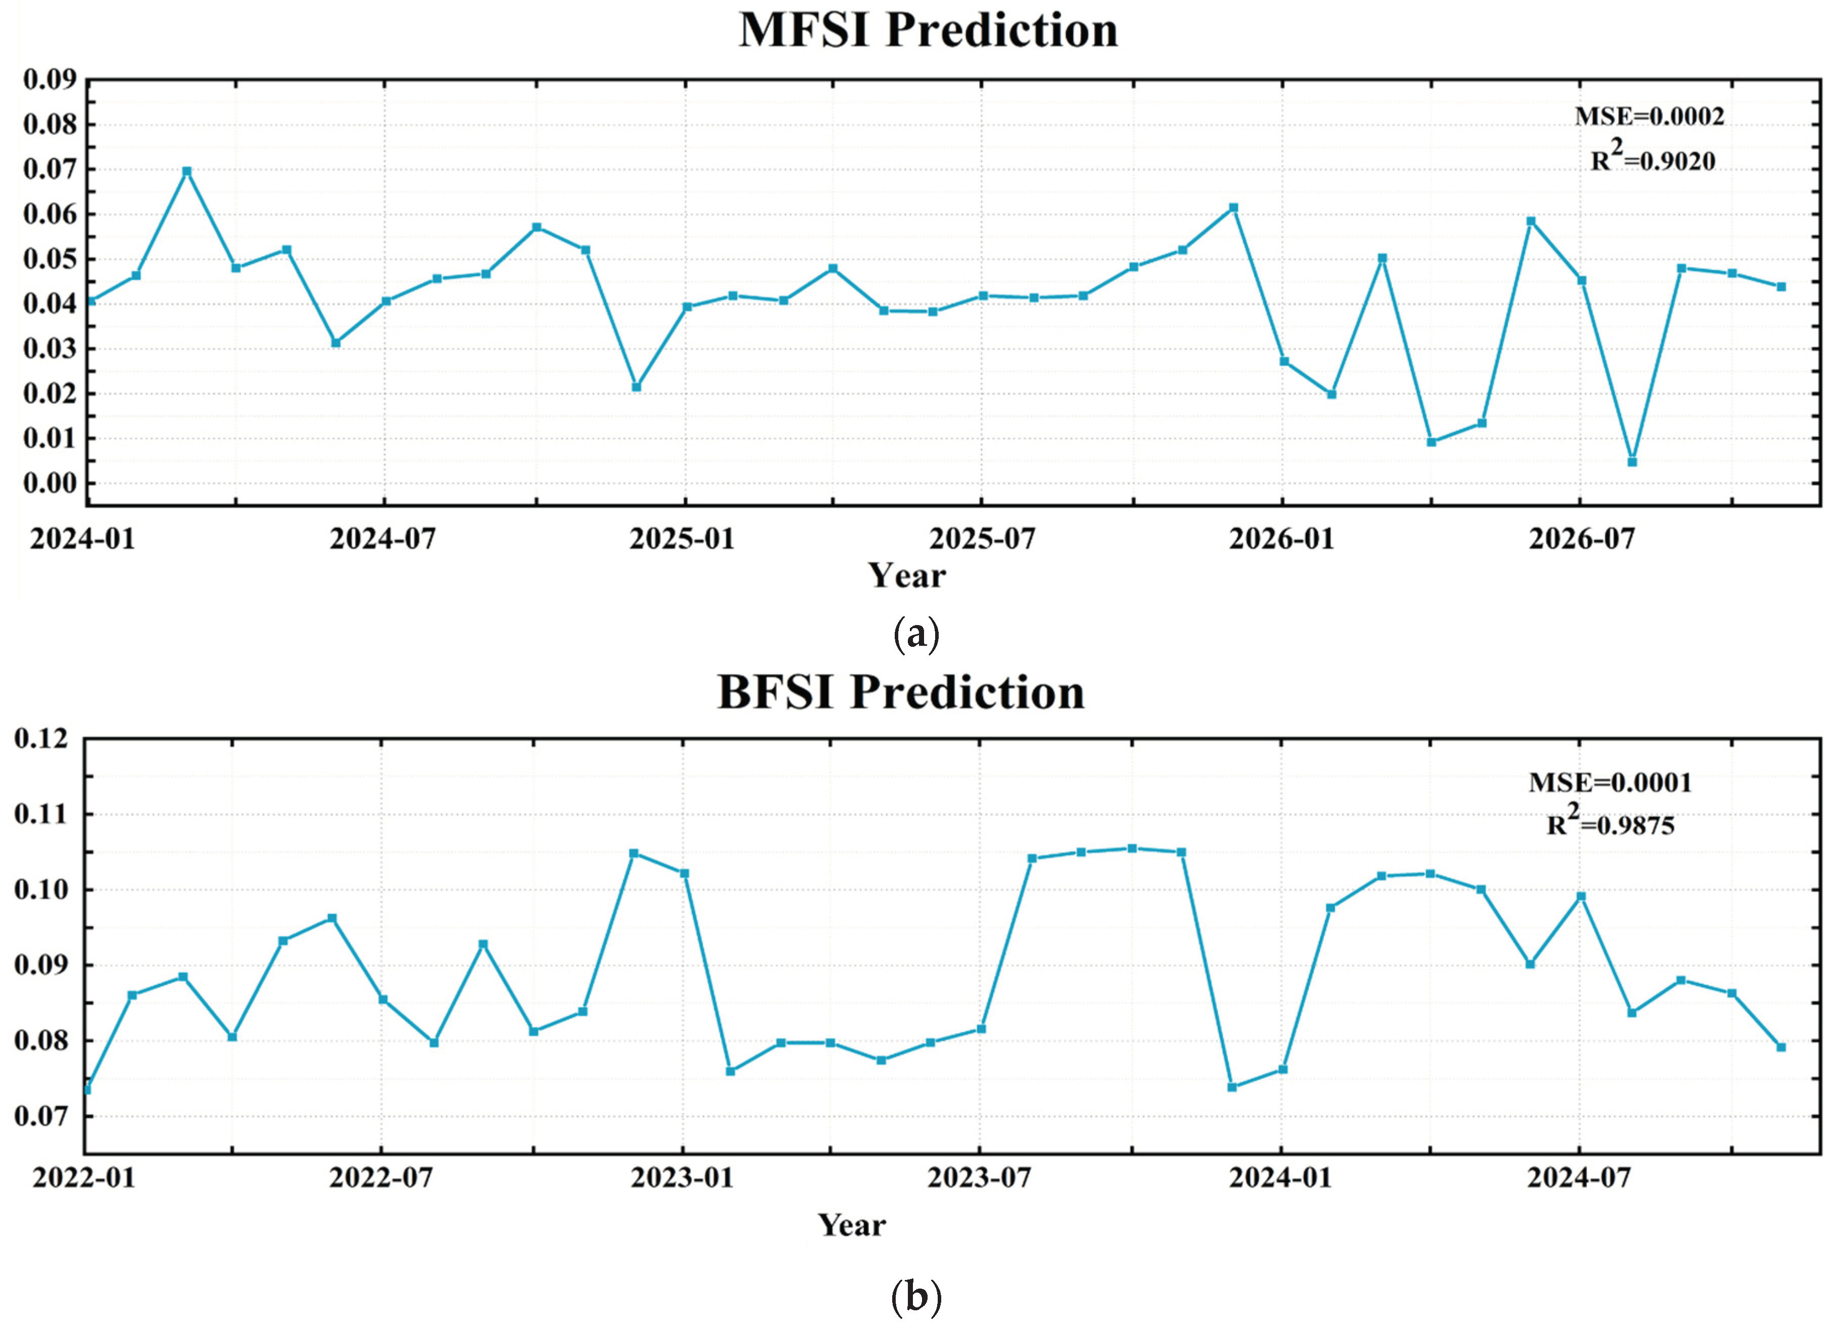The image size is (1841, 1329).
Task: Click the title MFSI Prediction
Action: [x=928, y=31]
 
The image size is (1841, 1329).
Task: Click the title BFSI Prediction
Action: [x=901, y=692]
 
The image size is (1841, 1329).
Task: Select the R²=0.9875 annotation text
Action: [x=1609, y=824]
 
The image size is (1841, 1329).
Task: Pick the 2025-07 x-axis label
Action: [x=982, y=538]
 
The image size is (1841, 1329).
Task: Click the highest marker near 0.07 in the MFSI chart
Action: [x=187, y=171]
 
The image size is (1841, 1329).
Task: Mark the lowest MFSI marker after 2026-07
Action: [x=1632, y=462]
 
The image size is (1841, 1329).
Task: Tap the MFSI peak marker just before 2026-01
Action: [x=1233, y=208]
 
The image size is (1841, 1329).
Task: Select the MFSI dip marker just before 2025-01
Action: [x=636, y=387]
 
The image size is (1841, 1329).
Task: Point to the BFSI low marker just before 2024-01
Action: [x=1231, y=1086]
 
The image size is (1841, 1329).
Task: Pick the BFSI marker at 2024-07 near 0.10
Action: [x=1581, y=896]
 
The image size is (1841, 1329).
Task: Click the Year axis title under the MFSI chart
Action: [x=907, y=575]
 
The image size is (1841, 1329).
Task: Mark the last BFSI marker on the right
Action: [x=1781, y=1047]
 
